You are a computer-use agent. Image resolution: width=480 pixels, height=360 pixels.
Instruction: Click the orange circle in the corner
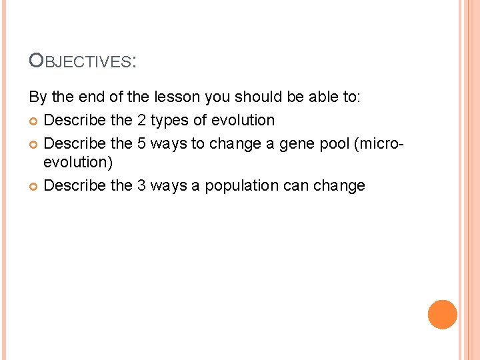click(x=443, y=314)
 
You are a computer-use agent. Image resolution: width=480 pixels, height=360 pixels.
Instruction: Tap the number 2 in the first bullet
click(x=143, y=121)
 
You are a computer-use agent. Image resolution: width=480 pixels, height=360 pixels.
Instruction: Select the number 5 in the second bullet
click(x=143, y=143)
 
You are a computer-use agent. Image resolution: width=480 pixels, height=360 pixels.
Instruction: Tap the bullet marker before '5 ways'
click(x=34, y=143)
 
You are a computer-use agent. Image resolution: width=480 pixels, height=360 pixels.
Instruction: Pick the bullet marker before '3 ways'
click(x=34, y=186)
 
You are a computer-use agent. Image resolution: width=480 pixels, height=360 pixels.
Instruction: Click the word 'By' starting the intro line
click(x=38, y=98)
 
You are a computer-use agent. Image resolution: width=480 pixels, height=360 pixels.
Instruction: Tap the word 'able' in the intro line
click(x=323, y=98)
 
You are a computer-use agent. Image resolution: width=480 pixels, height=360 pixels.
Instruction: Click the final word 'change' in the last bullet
click(x=339, y=186)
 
